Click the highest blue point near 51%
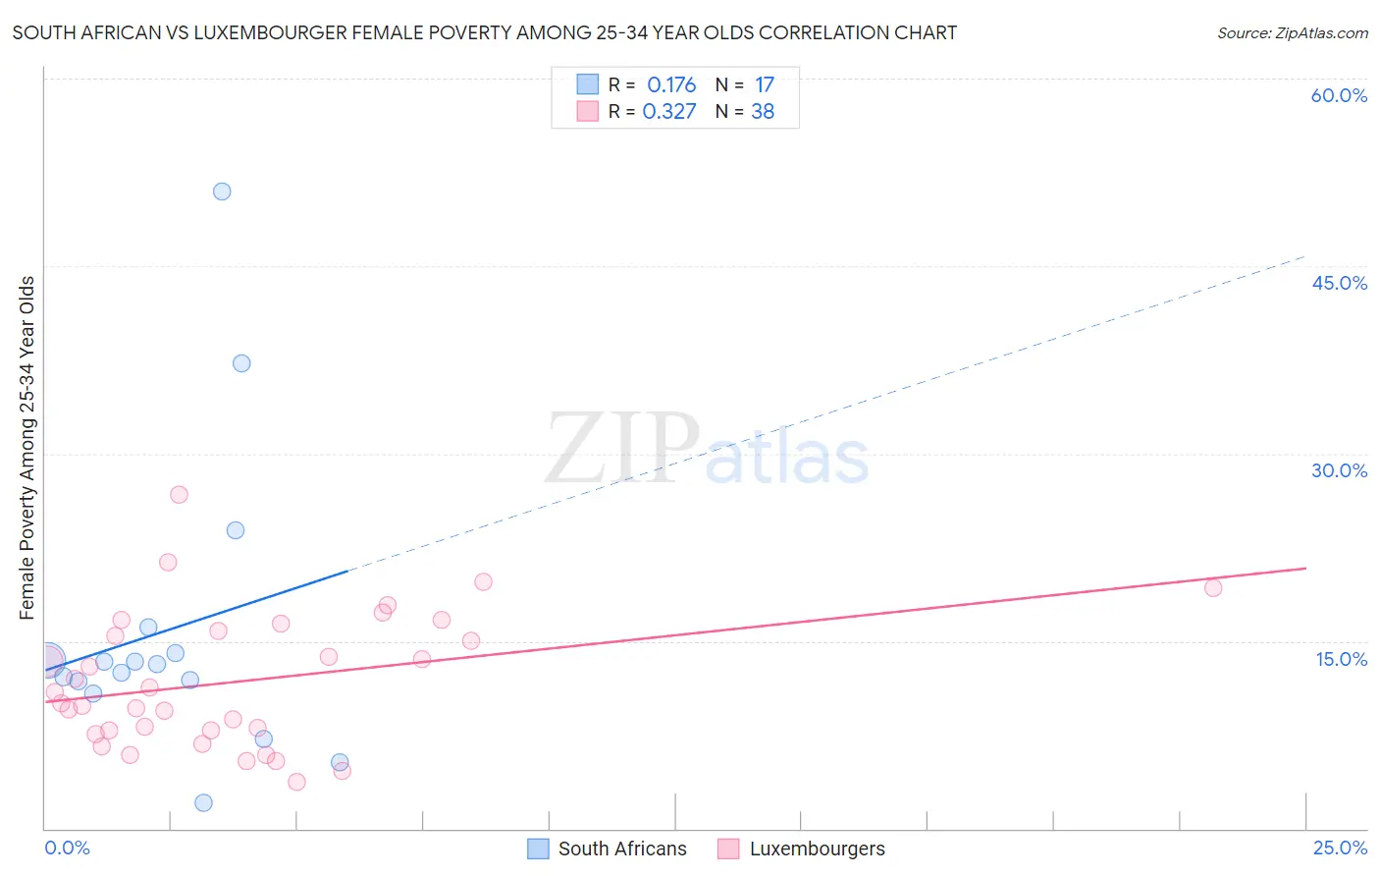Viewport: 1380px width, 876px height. click(x=222, y=192)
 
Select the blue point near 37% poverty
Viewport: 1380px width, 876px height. click(x=241, y=363)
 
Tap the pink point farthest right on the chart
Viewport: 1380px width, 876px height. click(x=1213, y=588)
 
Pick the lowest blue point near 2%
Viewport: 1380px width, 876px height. click(x=203, y=802)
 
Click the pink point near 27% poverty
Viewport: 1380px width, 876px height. click(x=179, y=495)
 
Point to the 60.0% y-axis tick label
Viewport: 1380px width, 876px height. click(x=1339, y=95)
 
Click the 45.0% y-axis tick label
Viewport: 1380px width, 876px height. click(x=1339, y=283)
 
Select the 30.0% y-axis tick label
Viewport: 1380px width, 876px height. click(x=1339, y=470)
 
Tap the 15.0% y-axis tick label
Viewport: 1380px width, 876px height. click(x=1341, y=659)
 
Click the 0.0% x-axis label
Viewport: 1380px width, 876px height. click(x=67, y=848)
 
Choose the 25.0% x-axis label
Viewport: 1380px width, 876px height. click(x=1340, y=848)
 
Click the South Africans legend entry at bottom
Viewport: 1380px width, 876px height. click(x=621, y=849)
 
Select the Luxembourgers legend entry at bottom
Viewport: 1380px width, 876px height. click(x=816, y=849)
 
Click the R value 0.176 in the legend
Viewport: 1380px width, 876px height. click(x=671, y=85)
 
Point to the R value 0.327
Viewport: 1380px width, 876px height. click(x=669, y=112)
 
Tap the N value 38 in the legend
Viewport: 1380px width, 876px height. click(x=763, y=112)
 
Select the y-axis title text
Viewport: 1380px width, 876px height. click(x=27, y=448)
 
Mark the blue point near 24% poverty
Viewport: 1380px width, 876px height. click(x=236, y=530)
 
